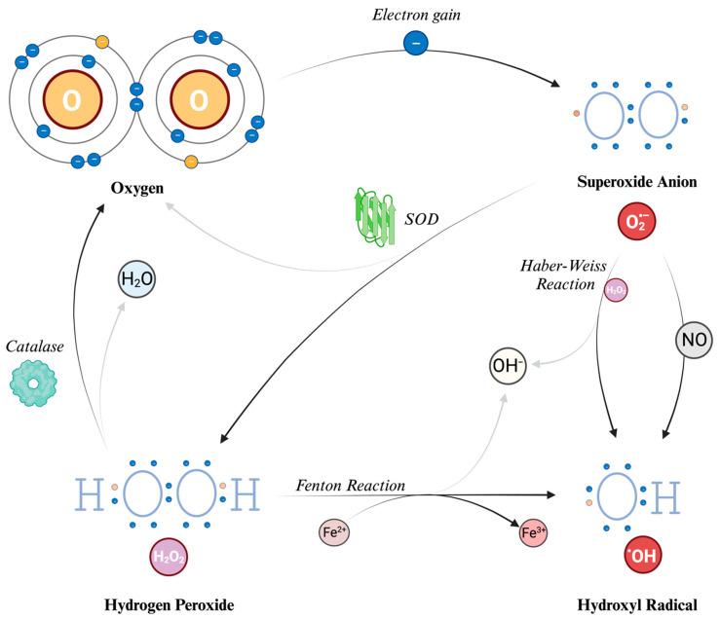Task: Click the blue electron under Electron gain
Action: pyautogui.click(x=416, y=43)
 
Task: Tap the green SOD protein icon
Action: pyautogui.click(x=374, y=216)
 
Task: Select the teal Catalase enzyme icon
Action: pyautogui.click(x=32, y=383)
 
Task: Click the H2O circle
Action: pyautogui.click(x=136, y=278)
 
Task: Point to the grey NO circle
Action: pyautogui.click(x=694, y=340)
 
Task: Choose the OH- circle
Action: pyautogui.click(x=508, y=366)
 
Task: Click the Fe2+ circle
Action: pyautogui.click(x=334, y=532)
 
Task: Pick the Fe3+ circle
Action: pyautogui.click(x=533, y=532)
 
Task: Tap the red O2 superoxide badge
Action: pyautogui.click(x=636, y=221)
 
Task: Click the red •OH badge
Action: pyautogui.click(x=643, y=555)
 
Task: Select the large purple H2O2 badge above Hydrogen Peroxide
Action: pyautogui.click(x=169, y=557)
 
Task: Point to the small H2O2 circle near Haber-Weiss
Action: pyautogui.click(x=616, y=290)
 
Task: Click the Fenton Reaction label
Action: pyautogui.click(x=351, y=485)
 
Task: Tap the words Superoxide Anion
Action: pyautogui.click(x=637, y=182)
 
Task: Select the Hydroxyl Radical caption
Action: pyautogui.click(x=637, y=604)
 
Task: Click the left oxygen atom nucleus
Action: pyautogui.click(x=72, y=99)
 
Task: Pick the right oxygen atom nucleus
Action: pyautogui.click(x=200, y=99)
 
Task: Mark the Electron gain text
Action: pyautogui.click(x=416, y=16)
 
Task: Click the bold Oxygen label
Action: pyautogui.click(x=136, y=188)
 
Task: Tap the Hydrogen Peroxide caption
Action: pyautogui.click(x=169, y=604)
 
